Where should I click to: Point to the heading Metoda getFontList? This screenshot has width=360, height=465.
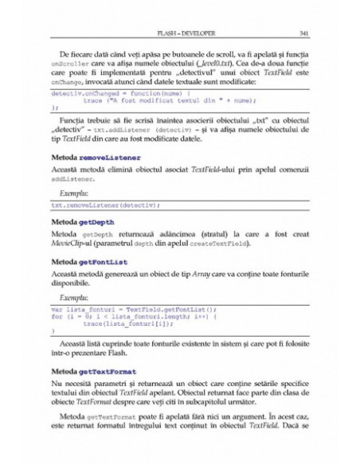click(x=83, y=261)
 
